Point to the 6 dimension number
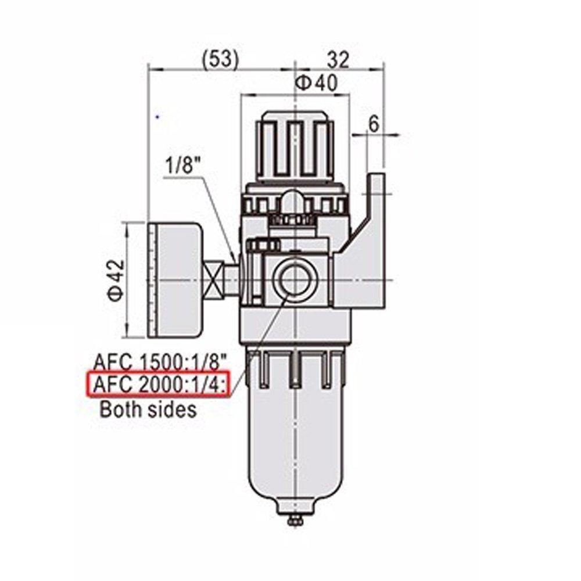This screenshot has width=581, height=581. [x=374, y=123]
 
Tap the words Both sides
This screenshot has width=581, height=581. [x=148, y=409]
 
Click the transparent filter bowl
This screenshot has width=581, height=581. [x=296, y=442]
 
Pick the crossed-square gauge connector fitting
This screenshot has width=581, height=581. [x=217, y=280]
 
